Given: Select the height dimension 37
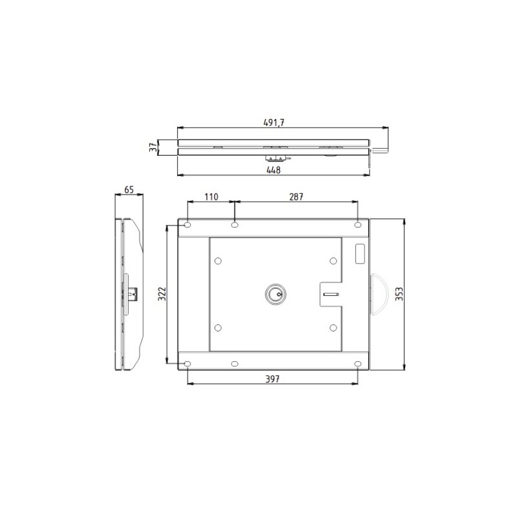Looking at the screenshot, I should pyautogui.click(x=153, y=148).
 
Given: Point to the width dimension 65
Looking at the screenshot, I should pyautogui.click(x=129, y=190).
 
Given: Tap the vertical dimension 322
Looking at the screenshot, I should pyautogui.click(x=162, y=295).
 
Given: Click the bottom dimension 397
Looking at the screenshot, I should pyautogui.click(x=273, y=379).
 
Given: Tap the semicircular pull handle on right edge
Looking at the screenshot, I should pyautogui.click(x=378, y=294).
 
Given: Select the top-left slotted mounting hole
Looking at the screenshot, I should pyautogui.click(x=187, y=225).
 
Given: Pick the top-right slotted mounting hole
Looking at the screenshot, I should pyautogui.click(x=357, y=225).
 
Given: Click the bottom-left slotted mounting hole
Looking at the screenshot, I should pyautogui.click(x=187, y=364).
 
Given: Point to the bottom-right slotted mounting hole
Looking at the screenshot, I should pyautogui.click(x=357, y=364).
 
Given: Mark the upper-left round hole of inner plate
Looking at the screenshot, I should pyautogui.click(x=218, y=261).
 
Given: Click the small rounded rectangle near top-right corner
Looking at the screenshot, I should pyautogui.click(x=359, y=253).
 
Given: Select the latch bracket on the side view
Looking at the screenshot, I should pyautogui.click(x=131, y=295).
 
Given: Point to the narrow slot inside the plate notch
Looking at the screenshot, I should pyautogui.click(x=331, y=295).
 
